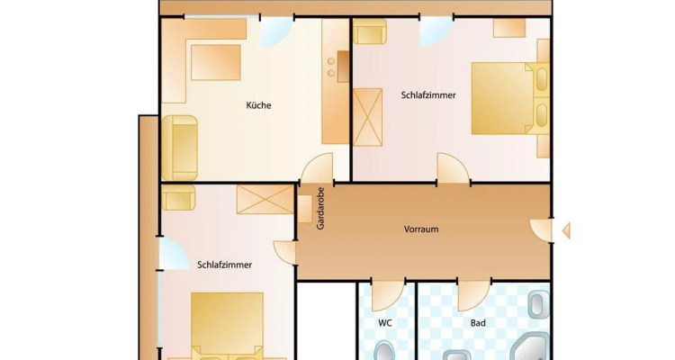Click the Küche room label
coord(258,105)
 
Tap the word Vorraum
coord(421,229)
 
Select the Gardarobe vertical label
coord(320,209)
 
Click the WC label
coord(385,323)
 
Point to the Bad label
coord(478,323)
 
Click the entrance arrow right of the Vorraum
coord(566,230)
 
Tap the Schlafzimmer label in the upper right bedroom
coord(428,95)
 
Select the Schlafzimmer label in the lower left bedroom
coord(224,265)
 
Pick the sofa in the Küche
coord(179,148)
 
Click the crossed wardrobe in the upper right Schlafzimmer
coord(367,117)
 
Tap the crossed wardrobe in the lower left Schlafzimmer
coord(265,200)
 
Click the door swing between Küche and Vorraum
coord(318,167)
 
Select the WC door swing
coord(387,295)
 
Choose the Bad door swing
coord(473,295)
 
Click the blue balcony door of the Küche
coord(276,32)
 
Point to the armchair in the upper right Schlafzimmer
coord(370,31)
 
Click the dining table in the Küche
coord(216,62)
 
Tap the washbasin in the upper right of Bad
coord(538,304)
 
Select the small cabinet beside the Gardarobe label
coord(305,210)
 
